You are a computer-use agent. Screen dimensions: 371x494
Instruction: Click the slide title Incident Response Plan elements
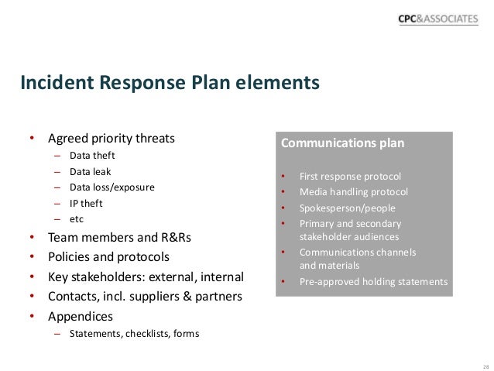pyautogui.click(x=170, y=82)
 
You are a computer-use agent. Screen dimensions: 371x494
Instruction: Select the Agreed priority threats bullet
pyautogui.click(x=111, y=139)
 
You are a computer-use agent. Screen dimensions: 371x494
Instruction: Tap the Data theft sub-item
pyautogui.click(x=92, y=156)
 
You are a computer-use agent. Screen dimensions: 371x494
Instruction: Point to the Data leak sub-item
pyautogui.click(x=91, y=171)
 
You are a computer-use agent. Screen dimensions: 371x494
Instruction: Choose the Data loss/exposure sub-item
pyautogui.click(x=111, y=187)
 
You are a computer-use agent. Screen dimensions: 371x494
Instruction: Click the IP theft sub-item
pyautogui.click(x=85, y=204)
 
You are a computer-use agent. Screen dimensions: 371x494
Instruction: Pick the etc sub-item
pyautogui.click(x=76, y=219)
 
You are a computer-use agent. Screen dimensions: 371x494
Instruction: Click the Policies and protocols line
pyautogui.click(x=108, y=256)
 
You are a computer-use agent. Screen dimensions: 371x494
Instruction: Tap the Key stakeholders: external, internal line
pyautogui.click(x=146, y=277)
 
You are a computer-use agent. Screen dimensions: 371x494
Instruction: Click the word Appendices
pyautogui.click(x=81, y=316)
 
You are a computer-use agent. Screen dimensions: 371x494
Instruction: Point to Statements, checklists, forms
pyautogui.click(x=134, y=334)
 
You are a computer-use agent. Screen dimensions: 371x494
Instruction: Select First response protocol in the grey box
pyautogui.click(x=351, y=176)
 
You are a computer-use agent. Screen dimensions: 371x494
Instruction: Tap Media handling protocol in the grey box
pyautogui.click(x=353, y=191)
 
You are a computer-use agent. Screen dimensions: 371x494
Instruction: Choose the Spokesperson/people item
pyautogui.click(x=347, y=208)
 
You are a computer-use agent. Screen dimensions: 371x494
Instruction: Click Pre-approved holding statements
pyautogui.click(x=373, y=282)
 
